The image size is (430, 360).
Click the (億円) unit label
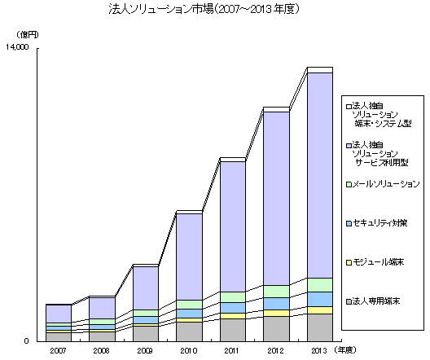pyautogui.click(x=29, y=33)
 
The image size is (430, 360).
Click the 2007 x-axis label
pyautogui.click(x=58, y=349)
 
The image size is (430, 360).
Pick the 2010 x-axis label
pyautogui.click(x=189, y=349)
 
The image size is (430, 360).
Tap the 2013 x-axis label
pyautogui.click(x=319, y=349)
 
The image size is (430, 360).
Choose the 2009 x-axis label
pyautogui.click(x=145, y=349)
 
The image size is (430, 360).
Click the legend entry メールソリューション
pyautogui.click(x=385, y=184)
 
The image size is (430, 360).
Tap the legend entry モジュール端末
pyautogui.click(x=378, y=261)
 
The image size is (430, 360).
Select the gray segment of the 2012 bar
pyautogui.click(x=276, y=328)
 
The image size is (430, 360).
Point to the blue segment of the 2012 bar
pyautogui.click(x=276, y=304)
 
